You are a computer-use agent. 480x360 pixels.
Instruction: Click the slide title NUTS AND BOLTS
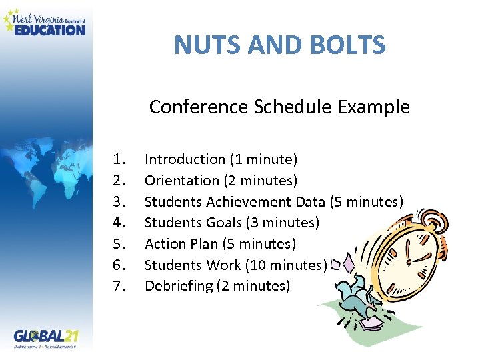pyautogui.click(x=279, y=45)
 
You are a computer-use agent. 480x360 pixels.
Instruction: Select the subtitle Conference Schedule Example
pyautogui.click(x=279, y=107)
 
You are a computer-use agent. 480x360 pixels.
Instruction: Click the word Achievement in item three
pyautogui.click(x=249, y=202)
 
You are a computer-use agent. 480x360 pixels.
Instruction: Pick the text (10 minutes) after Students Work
pyautogui.click(x=287, y=265)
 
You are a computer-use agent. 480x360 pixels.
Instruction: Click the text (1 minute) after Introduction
pyautogui.click(x=263, y=159)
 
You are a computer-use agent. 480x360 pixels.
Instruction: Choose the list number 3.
pyautogui.click(x=120, y=202)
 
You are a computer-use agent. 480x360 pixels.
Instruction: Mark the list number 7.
pyautogui.click(x=120, y=287)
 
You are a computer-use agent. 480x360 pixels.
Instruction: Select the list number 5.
pyautogui.click(x=120, y=244)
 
